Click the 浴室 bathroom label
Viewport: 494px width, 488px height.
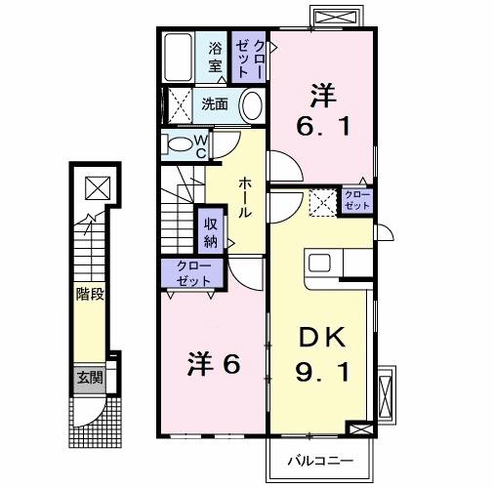(214, 58)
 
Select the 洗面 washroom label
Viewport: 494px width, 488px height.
(215, 103)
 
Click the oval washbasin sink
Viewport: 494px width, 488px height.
(251, 104)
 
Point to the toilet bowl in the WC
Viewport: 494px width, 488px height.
(180, 145)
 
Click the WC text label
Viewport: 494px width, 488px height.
(199, 145)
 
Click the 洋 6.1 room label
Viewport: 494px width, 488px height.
(322, 111)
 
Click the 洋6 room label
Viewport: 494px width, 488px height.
(213, 363)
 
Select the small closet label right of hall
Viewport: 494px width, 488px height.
(356, 200)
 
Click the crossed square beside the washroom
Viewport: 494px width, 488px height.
(179, 103)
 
